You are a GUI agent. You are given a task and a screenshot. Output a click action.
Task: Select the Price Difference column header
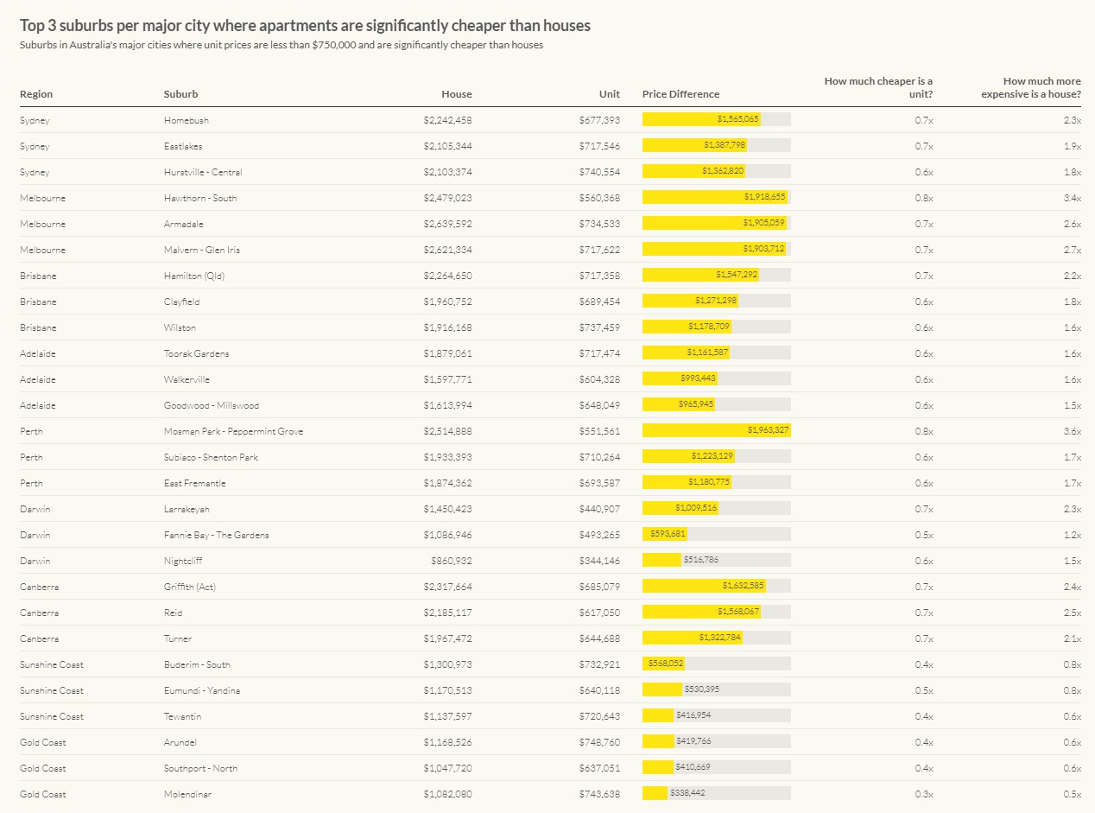tap(680, 94)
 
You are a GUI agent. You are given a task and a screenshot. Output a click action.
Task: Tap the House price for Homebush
tap(447, 120)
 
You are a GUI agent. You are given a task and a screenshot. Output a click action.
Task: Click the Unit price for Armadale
tap(599, 224)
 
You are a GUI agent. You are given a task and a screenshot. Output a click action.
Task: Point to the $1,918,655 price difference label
tap(764, 198)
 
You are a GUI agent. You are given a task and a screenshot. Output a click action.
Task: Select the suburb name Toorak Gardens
tap(196, 353)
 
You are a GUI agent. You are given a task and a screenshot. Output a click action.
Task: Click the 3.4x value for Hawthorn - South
tap(1072, 198)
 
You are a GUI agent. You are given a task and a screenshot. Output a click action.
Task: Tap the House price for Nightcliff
tap(451, 561)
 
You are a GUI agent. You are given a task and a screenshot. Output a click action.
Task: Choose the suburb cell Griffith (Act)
tap(189, 587)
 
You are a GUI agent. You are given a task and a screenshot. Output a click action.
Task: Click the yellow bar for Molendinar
tap(655, 794)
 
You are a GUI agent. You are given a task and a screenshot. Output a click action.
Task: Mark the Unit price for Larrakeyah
tap(599, 509)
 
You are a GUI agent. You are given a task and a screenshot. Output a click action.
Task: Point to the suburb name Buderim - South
tap(197, 664)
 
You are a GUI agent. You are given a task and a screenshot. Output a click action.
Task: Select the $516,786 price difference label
tap(700, 561)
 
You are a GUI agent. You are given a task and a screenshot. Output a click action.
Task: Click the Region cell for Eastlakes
tap(35, 146)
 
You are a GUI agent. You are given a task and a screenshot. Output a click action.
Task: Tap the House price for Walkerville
tap(447, 379)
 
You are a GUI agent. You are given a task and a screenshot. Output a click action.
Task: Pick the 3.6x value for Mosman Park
tap(1072, 431)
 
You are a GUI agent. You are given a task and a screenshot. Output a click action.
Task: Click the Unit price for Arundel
tap(599, 742)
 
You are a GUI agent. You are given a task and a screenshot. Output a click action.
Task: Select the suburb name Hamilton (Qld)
tap(194, 276)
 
